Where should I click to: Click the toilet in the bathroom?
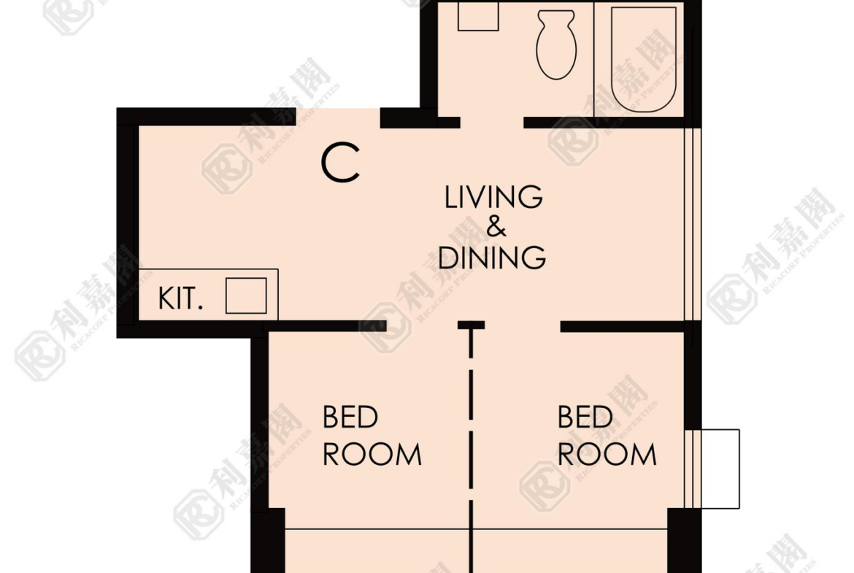click(x=556, y=45)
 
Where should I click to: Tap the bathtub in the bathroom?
click(x=644, y=59)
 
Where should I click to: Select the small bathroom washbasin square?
click(x=478, y=16)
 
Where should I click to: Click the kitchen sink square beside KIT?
click(x=246, y=296)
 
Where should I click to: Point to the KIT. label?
click(x=180, y=299)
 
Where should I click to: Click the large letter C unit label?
click(x=340, y=162)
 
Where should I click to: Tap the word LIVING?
click(x=493, y=197)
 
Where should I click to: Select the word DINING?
click(x=492, y=258)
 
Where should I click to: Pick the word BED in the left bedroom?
click(x=350, y=418)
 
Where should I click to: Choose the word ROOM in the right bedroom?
click(x=607, y=454)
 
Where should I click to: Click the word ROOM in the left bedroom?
click(x=372, y=454)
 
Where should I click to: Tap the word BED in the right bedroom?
click(x=585, y=418)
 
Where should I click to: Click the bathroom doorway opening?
click(x=492, y=123)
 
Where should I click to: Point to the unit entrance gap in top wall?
click(x=338, y=117)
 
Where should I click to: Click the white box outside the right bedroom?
click(x=720, y=469)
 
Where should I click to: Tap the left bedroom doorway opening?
click(x=422, y=326)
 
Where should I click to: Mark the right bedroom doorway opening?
click(x=523, y=326)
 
